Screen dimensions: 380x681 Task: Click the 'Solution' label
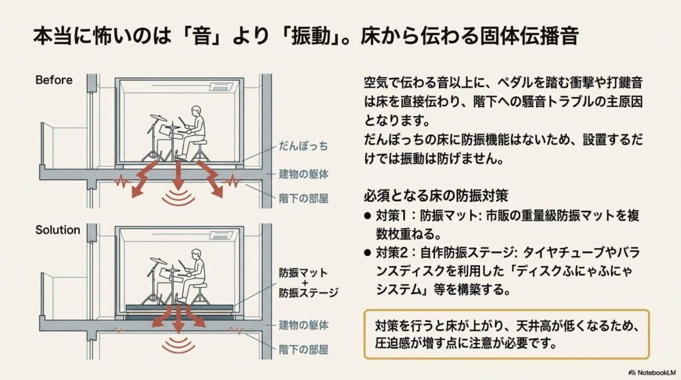tap(57, 230)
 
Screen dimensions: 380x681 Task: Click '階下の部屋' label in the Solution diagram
tap(304, 348)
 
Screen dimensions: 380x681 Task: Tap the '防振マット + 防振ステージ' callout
tap(308, 282)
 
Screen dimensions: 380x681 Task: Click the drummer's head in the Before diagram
tap(194, 111)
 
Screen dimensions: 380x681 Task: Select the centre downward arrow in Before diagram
tap(178, 176)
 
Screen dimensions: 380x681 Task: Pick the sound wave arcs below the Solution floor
tap(178, 345)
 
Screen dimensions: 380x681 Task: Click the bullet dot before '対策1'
tap(367, 216)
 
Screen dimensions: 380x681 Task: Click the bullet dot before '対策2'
tap(367, 253)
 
